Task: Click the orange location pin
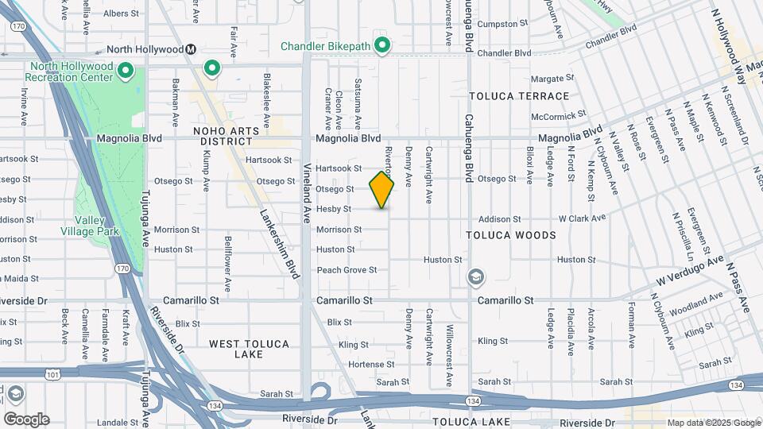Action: [382, 189]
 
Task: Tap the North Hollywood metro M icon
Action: [191, 49]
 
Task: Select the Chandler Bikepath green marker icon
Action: [382, 45]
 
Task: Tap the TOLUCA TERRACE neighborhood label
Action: [519, 96]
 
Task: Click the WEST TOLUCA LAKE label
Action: [250, 349]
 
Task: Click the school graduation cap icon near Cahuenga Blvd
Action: [477, 277]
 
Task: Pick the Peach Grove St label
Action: [347, 270]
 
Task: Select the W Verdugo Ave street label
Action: [690, 271]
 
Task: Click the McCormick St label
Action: [558, 115]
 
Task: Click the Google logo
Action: [26, 419]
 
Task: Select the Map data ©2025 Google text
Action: [712, 423]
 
